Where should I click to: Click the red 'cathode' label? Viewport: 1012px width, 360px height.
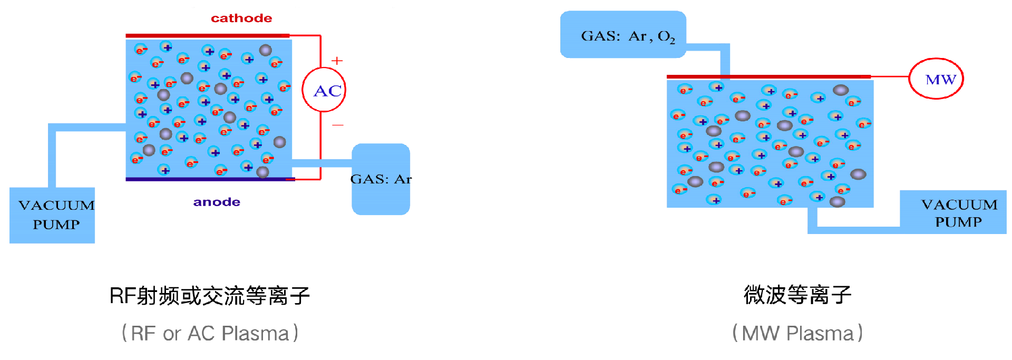241,18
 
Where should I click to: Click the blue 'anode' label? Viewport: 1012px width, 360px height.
217,202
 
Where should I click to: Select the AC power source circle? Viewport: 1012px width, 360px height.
324,90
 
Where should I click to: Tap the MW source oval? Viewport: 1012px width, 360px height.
936,79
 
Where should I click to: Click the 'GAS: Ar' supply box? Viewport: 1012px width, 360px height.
381,179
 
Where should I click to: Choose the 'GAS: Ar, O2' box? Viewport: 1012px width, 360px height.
623,35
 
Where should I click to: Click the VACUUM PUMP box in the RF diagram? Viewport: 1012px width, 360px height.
52,215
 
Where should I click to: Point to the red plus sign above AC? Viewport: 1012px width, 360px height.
337,61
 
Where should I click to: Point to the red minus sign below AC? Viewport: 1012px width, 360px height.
338,125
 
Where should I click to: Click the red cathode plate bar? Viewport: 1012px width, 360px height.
207,36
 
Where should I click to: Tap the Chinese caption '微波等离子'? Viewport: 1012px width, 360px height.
797,295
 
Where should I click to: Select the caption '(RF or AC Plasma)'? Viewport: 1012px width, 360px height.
210,333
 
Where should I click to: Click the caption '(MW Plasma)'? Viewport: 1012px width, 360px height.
797,333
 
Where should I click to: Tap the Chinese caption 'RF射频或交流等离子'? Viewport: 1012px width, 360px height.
210,296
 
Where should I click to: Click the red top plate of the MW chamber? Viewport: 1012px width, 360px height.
768,77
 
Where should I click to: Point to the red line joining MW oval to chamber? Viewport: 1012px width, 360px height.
890,77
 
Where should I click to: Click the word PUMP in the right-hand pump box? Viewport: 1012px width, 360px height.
958,222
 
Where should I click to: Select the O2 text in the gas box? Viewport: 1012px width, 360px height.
666,36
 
